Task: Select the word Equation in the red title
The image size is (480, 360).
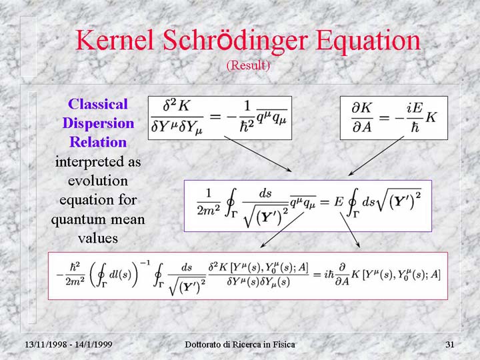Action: pos(368,41)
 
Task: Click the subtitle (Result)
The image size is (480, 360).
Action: pos(248,65)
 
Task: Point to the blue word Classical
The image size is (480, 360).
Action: pos(98,104)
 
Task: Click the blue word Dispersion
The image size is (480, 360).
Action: pos(98,123)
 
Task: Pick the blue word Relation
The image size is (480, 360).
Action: pos(98,142)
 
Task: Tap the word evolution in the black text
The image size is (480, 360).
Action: pos(98,181)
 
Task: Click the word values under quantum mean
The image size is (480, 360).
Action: pos(98,238)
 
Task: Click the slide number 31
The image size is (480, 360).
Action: pos(450,345)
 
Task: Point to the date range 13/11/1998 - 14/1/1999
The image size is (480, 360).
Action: pos(68,345)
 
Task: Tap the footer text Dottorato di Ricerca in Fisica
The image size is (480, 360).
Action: pos(240,345)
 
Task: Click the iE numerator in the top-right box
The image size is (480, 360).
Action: pos(415,108)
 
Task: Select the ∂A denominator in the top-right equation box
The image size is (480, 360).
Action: pos(362,127)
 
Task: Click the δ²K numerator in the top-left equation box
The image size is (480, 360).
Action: pos(176,106)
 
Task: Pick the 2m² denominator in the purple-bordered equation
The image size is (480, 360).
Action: pos(209,209)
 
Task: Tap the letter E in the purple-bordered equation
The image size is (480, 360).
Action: pos(338,202)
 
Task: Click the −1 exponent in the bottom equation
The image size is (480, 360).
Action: pos(145,263)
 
